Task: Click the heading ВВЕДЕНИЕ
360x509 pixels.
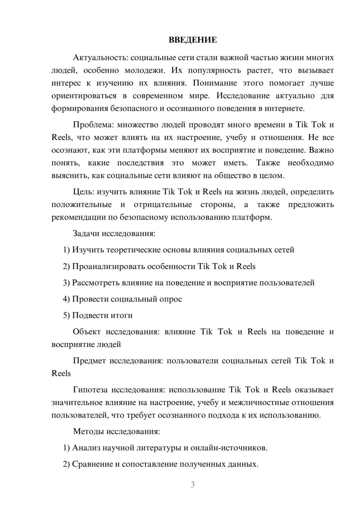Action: pos(193,40)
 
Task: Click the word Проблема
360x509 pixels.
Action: pos(93,125)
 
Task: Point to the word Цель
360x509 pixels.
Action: pos(84,192)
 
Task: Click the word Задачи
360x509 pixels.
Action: pos(86,233)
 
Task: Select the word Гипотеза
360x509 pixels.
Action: pos(90,390)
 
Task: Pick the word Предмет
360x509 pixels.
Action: pos(89,361)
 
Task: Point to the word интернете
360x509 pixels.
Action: pos(284,108)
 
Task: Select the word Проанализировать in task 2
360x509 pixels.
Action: pos(103,266)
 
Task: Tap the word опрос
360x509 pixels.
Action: pos(171,299)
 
